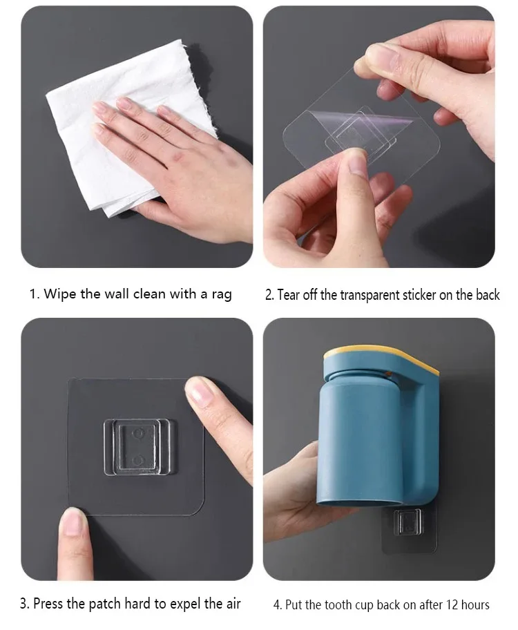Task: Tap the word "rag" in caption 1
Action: point(222,295)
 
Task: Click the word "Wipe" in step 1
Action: point(60,294)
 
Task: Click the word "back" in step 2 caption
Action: point(488,295)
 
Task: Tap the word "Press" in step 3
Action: point(49,604)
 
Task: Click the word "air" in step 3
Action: point(232,604)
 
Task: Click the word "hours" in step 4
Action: point(475,604)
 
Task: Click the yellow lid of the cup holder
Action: point(382,356)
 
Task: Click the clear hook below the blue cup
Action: point(407,522)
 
